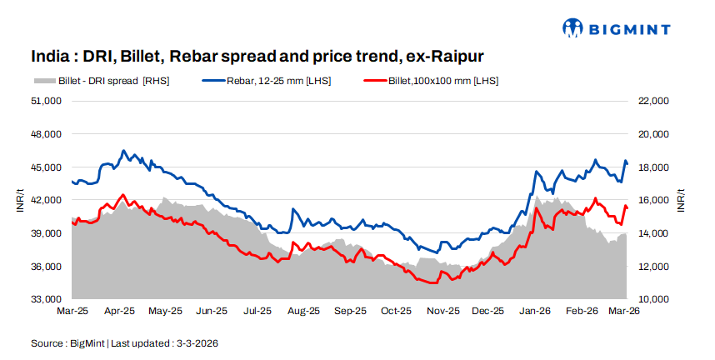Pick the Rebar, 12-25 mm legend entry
pyautogui.click(x=266, y=81)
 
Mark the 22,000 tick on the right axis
pyautogui.click(x=652, y=101)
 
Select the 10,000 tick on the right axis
pyautogui.click(x=652, y=299)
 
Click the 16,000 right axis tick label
pyautogui.click(x=652, y=200)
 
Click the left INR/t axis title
pyautogui.click(x=20, y=200)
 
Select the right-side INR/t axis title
pyautogui.click(x=681, y=200)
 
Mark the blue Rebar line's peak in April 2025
pyautogui.click(x=123, y=151)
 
